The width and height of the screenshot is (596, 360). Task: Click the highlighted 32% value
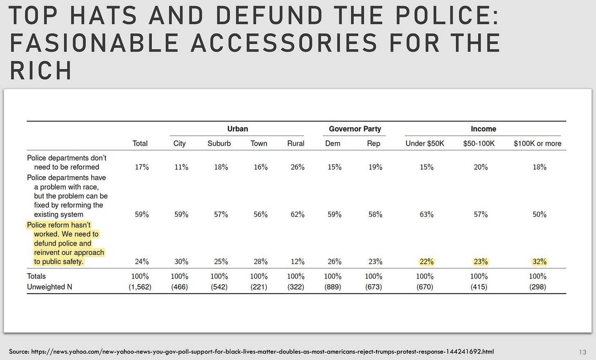pos(540,262)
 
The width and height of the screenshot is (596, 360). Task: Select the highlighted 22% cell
pos(427,262)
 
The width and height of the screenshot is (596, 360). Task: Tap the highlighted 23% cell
pos(481,262)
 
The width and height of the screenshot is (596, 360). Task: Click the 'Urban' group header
pos(237,129)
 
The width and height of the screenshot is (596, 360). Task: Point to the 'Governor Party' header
pos(355,129)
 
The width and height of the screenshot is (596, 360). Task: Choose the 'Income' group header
pos(483,129)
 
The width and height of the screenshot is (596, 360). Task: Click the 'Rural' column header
pos(296,144)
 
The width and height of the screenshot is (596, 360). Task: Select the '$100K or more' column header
pos(537,144)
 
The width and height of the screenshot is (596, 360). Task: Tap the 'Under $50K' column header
pos(424,144)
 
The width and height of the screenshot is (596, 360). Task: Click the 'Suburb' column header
pos(219,144)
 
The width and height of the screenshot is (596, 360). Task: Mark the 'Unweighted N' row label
pos(50,287)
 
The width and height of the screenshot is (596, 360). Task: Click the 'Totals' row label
pos(36,276)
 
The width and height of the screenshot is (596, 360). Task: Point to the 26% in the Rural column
pos(298,167)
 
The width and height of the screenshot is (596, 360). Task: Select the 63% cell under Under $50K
pos(427,214)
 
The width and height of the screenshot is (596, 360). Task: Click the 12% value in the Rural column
pos(298,262)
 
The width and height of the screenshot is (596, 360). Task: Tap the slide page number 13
pos(583,352)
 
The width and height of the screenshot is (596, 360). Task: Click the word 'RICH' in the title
pos(41,70)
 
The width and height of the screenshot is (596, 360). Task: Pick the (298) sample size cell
pos(537,287)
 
